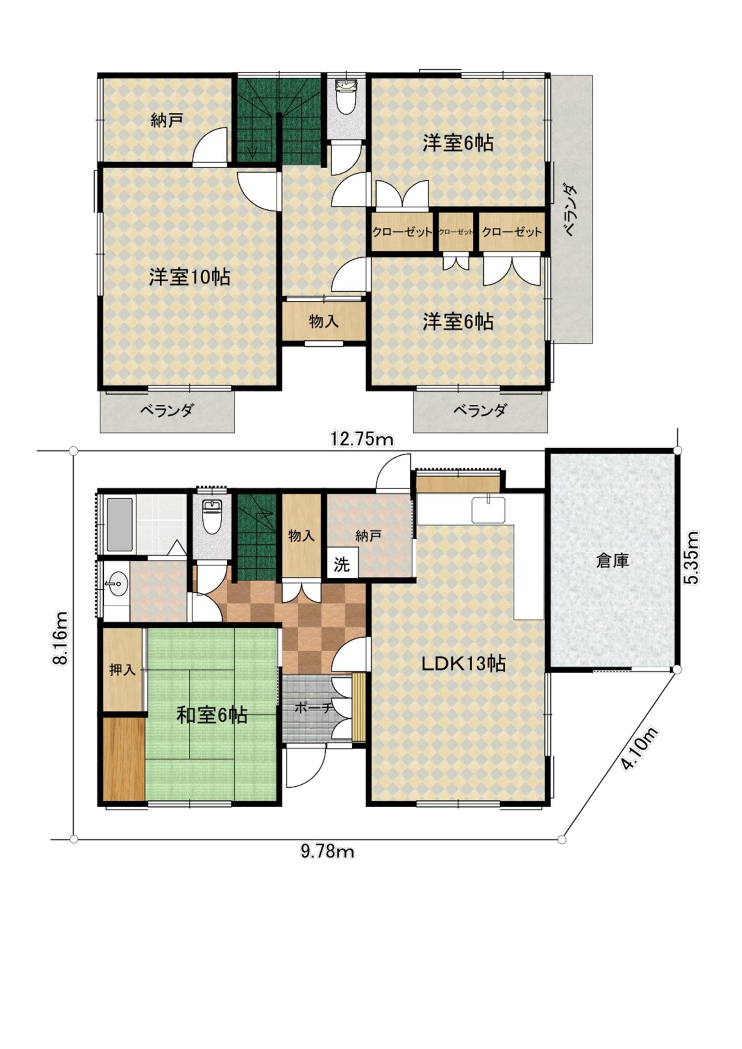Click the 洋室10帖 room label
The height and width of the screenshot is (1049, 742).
tap(189, 277)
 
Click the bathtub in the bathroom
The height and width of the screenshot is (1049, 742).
tap(120, 524)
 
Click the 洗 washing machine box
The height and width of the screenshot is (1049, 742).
tap(342, 564)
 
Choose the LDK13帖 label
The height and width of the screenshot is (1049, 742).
tap(463, 663)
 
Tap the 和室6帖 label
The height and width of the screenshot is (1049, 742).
tap(212, 715)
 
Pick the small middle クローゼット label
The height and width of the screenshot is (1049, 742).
tap(456, 232)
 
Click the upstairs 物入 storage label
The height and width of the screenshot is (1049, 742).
tap(324, 321)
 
